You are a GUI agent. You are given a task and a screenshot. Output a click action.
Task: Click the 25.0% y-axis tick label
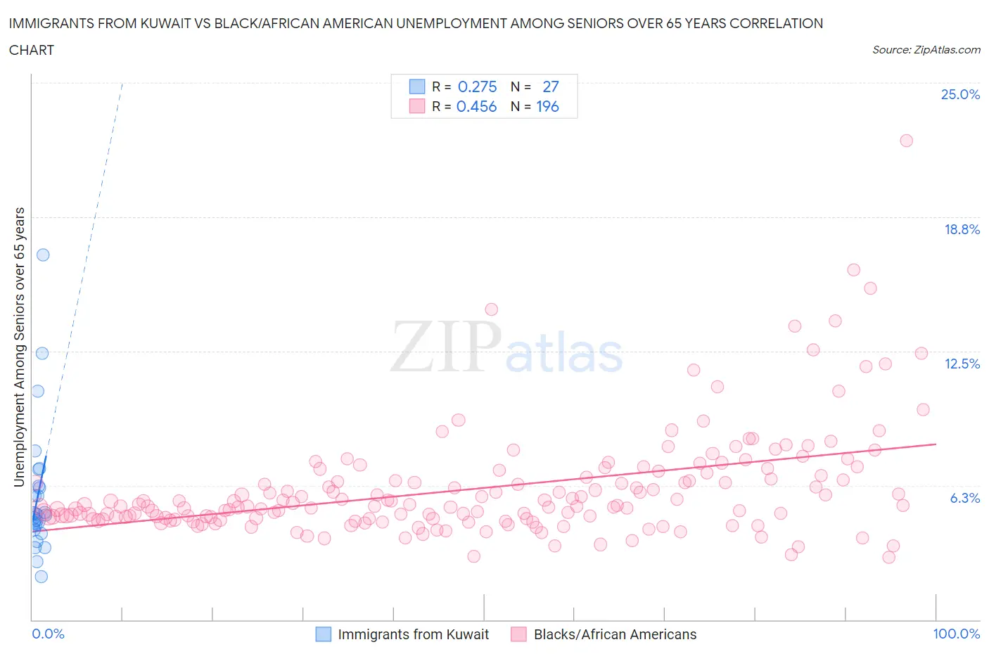960,94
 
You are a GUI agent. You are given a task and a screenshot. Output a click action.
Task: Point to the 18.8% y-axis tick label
962,229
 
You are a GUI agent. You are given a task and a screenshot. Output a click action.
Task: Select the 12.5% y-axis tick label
962,364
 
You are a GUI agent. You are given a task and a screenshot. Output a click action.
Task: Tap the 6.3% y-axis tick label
964,498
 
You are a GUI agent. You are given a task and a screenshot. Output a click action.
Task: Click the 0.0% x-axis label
48,634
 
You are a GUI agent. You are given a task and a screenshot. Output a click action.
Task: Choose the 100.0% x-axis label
956,634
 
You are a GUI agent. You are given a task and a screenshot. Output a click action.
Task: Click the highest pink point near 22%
906,141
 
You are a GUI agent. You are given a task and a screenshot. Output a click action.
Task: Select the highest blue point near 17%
43,255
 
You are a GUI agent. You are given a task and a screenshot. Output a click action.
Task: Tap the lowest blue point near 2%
42,577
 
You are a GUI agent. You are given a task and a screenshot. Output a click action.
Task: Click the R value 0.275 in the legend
477,86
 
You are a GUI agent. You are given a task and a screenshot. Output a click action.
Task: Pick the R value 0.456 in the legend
476,106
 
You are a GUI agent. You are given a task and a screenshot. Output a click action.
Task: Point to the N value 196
547,106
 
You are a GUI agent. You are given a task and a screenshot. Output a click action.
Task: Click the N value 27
550,86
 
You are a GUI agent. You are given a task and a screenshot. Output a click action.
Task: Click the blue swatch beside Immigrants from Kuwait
323,634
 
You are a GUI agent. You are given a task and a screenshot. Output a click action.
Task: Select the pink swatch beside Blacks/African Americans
518,634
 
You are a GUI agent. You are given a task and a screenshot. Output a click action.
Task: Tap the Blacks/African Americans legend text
615,634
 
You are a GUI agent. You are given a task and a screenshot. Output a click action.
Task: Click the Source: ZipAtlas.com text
926,49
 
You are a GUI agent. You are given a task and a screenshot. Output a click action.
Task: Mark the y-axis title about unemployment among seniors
20,347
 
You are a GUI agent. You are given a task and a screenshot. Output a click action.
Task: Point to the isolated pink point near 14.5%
491,309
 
